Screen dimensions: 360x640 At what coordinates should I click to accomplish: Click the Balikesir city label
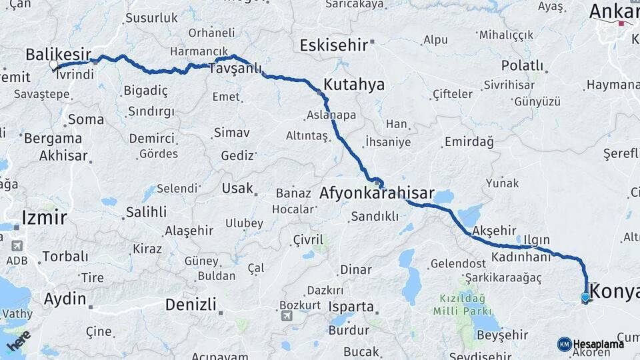pyautogui.click(x=58, y=53)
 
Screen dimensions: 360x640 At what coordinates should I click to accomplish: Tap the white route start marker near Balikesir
pyautogui.click(x=53, y=65)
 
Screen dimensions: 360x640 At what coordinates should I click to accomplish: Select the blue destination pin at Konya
pyautogui.click(x=585, y=297)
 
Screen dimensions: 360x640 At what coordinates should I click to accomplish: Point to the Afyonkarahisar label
pyautogui.click(x=377, y=194)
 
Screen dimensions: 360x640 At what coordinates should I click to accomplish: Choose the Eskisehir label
pyautogui.click(x=333, y=45)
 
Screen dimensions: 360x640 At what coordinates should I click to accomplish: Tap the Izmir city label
pyautogui.click(x=44, y=217)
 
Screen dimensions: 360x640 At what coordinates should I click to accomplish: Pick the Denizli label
pyautogui.click(x=191, y=305)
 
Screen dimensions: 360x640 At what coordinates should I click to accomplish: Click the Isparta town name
pyautogui.click(x=351, y=307)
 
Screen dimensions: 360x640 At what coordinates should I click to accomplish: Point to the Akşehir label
pyautogui.click(x=494, y=231)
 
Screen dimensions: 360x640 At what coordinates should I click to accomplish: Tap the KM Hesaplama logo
pyautogui.click(x=591, y=344)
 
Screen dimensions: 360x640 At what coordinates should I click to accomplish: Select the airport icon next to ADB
pyautogui.click(x=17, y=246)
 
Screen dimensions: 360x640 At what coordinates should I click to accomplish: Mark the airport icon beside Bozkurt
pyautogui.click(x=287, y=315)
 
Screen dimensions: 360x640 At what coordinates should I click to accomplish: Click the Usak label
pyautogui.click(x=237, y=189)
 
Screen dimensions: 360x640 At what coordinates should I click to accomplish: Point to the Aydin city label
pyautogui.click(x=65, y=299)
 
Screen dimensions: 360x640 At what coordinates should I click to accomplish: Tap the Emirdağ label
pyautogui.click(x=469, y=142)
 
